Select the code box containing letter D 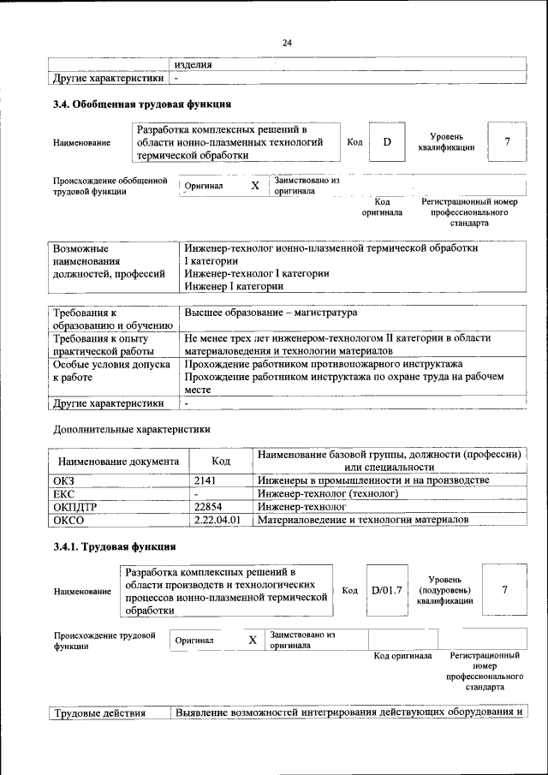[x=386, y=142]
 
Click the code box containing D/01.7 [x=386, y=590]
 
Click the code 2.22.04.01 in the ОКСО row [x=217, y=519]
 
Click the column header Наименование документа [x=118, y=461]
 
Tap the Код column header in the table [x=220, y=461]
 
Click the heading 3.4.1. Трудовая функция [x=115, y=546]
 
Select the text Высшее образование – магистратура [x=271, y=313]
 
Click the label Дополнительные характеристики [x=132, y=428]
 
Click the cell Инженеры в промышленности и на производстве [x=373, y=480]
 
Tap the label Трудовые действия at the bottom [x=100, y=712]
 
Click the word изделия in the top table [x=193, y=64]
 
